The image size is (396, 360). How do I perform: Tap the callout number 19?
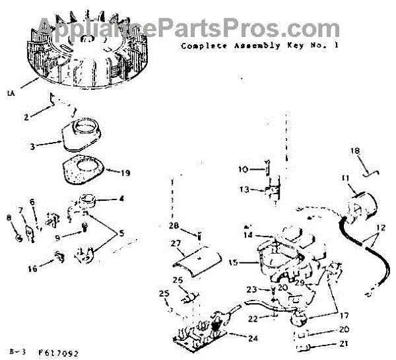[123, 173]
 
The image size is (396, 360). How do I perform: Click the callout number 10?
[242, 170]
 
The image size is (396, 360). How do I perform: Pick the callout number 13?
[244, 190]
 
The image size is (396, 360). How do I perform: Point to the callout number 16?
[32, 269]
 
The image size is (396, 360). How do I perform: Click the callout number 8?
[9, 217]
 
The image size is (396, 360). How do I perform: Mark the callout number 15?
[233, 262]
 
